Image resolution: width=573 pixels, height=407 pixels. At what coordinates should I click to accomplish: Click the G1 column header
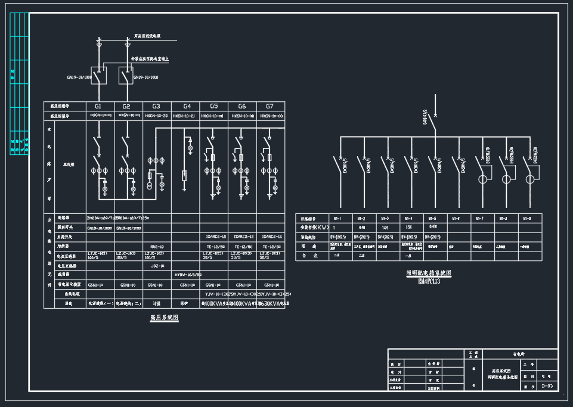click(x=98, y=106)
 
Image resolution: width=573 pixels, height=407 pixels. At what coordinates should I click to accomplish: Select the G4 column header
click(x=187, y=106)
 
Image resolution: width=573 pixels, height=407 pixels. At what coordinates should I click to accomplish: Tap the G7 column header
click(x=270, y=106)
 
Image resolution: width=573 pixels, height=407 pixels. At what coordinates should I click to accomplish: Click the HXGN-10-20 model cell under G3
click(x=157, y=116)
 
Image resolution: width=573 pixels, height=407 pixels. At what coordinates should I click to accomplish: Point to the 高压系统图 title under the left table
click(x=164, y=318)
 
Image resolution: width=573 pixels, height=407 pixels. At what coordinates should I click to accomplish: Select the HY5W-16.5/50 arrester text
click(x=187, y=275)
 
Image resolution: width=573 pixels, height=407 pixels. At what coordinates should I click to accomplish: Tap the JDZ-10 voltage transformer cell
click(x=157, y=266)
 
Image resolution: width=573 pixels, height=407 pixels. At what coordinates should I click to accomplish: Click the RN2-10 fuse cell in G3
click(x=157, y=246)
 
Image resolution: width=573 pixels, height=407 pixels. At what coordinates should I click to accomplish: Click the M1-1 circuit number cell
click(x=337, y=218)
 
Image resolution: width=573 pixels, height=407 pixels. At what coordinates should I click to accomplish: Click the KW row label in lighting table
click(x=314, y=227)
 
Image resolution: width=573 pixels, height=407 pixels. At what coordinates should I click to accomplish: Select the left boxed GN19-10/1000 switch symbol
click(x=99, y=76)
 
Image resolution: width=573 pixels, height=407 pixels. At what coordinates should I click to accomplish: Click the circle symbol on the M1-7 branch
click(x=482, y=179)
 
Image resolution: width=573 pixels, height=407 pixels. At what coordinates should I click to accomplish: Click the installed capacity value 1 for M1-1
click(x=334, y=227)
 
